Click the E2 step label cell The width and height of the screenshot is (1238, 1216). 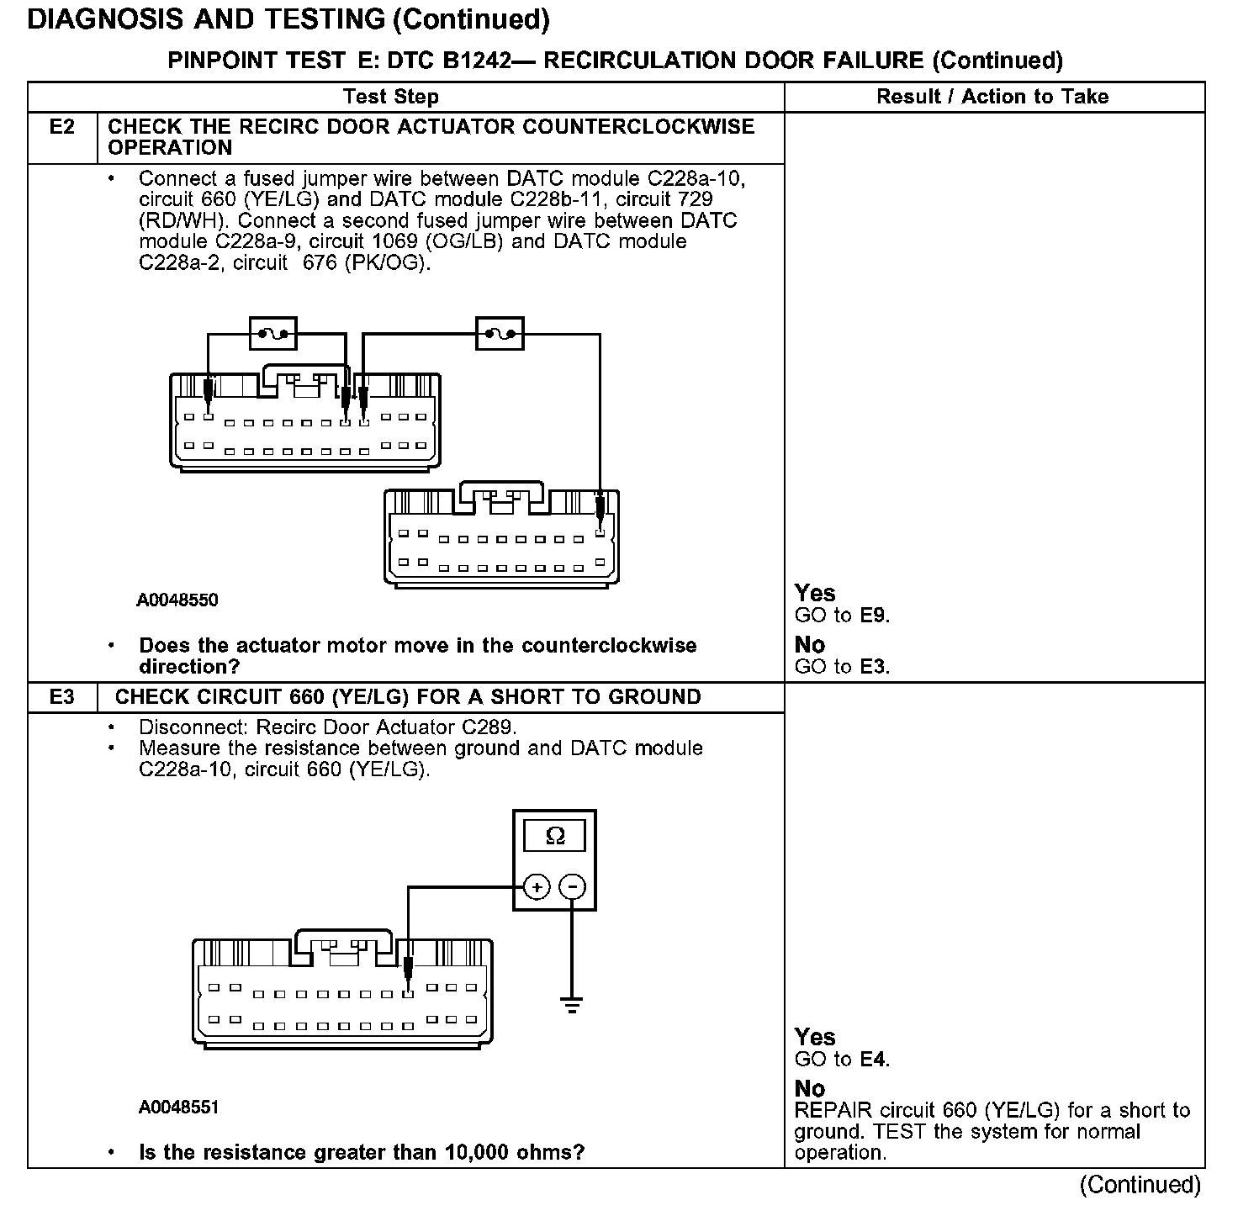pos(62,127)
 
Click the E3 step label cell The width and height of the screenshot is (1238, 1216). pos(62,697)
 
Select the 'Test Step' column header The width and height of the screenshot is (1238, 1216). pos(391,97)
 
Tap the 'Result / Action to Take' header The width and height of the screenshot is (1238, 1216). pos(992,97)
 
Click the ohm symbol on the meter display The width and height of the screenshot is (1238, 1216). pos(555,836)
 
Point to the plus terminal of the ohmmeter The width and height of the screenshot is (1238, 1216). pos(537,887)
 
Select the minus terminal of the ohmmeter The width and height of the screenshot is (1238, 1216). pos(573,887)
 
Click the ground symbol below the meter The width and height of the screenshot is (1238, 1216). pos(572,1004)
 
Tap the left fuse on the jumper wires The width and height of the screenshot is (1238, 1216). pos(273,334)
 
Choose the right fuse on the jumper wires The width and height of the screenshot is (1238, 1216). pos(500,334)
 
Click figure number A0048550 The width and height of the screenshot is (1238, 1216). pos(178,600)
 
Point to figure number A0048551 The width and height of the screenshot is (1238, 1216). pos(178,1108)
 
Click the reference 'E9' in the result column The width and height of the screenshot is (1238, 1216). pos(874,616)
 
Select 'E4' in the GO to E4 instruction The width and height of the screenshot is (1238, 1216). pos(874,1060)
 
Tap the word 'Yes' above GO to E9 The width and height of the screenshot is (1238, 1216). pos(815,594)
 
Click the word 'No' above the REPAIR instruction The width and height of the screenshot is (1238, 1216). pos(810,1089)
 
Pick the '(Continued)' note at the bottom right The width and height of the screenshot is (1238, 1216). pos(1140,1185)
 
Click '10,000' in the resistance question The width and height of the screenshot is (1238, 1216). pos(472,1152)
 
